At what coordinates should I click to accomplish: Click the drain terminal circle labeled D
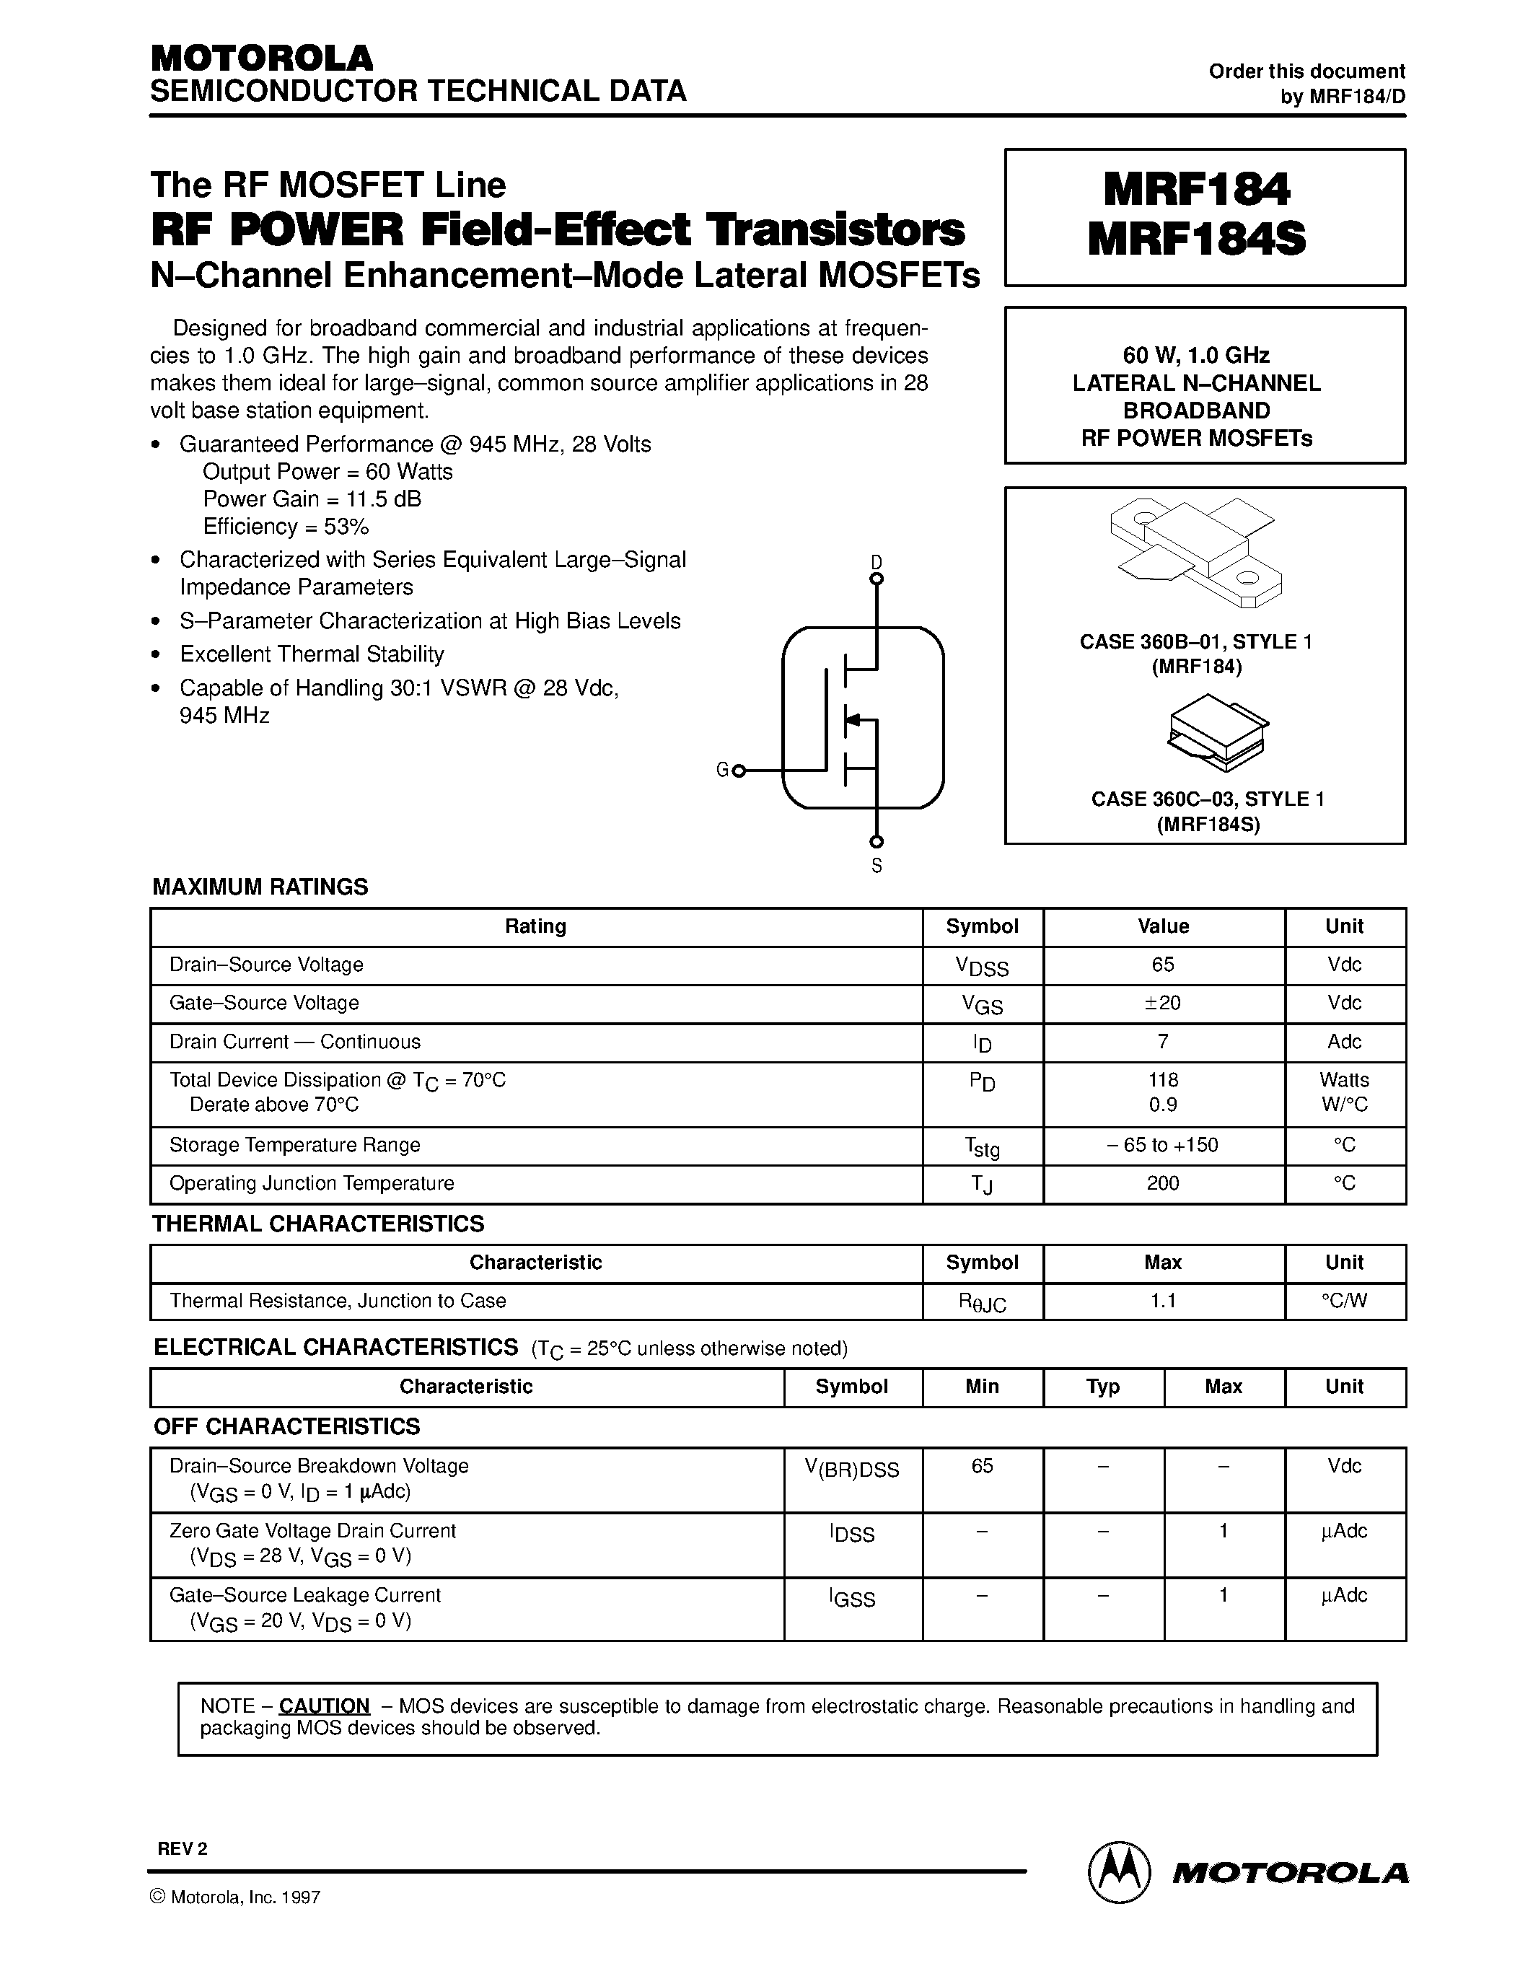click(877, 578)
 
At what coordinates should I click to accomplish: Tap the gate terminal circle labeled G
click(738, 771)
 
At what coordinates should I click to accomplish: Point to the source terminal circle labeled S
click(877, 842)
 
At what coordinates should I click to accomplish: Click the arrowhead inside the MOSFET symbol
click(852, 721)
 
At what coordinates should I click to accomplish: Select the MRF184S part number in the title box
click(1196, 240)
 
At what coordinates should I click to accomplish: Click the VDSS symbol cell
click(982, 967)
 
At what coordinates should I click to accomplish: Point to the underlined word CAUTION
click(324, 1706)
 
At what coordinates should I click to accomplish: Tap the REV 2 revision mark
click(183, 1848)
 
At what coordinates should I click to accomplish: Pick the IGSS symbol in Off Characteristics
click(852, 1599)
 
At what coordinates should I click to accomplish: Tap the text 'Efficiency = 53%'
click(285, 527)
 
